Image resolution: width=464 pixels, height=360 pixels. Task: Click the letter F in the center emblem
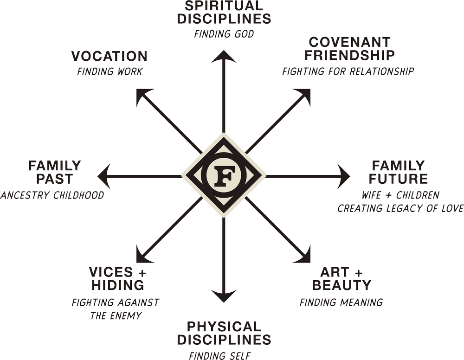(x=224, y=177)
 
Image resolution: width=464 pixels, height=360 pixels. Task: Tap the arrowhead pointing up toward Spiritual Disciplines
(x=224, y=56)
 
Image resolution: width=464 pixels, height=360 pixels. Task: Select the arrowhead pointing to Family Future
(x=343, y=177)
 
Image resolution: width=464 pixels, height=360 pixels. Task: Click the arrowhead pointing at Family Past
(x=104, y=177)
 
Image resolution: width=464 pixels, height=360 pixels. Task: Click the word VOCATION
(x=110, y=56)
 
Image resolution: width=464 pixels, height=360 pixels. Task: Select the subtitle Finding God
(x=224, y=34)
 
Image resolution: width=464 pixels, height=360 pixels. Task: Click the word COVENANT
(x=350, y=42)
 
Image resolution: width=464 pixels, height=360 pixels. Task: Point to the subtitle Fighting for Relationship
(x=348, y=71)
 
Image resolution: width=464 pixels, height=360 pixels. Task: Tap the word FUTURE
(x=398, y=179)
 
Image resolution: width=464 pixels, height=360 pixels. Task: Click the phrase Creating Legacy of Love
(x=400, y=208)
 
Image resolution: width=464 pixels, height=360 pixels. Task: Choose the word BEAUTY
(x=342, y=285)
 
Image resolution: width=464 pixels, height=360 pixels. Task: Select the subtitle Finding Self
(x=220, y=355)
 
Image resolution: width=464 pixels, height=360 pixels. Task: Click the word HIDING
(x=118, y=285)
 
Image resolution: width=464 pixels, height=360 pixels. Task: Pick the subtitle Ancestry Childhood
(x=52, y=195)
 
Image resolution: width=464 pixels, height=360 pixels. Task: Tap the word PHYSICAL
(x=224, y=327)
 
